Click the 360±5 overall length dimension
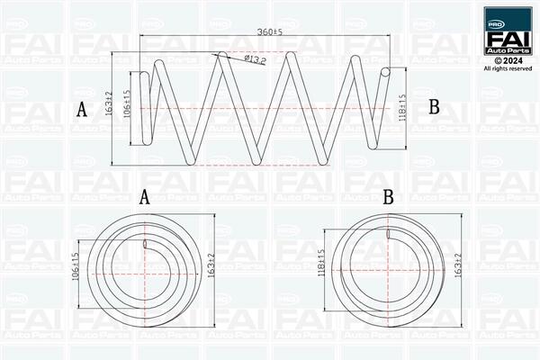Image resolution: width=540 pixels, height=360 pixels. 270,31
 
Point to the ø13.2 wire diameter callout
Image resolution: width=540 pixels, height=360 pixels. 256,59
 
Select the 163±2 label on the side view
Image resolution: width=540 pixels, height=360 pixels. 110,103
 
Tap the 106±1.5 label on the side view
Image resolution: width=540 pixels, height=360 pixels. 127,104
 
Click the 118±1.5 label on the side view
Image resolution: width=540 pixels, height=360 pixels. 403,108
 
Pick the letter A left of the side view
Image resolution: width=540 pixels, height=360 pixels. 82,109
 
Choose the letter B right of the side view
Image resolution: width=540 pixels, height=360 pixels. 435,107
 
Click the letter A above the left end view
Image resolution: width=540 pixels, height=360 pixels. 145,197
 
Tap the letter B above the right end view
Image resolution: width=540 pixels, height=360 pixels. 389,197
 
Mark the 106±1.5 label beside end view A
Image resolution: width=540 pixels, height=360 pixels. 76,266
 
